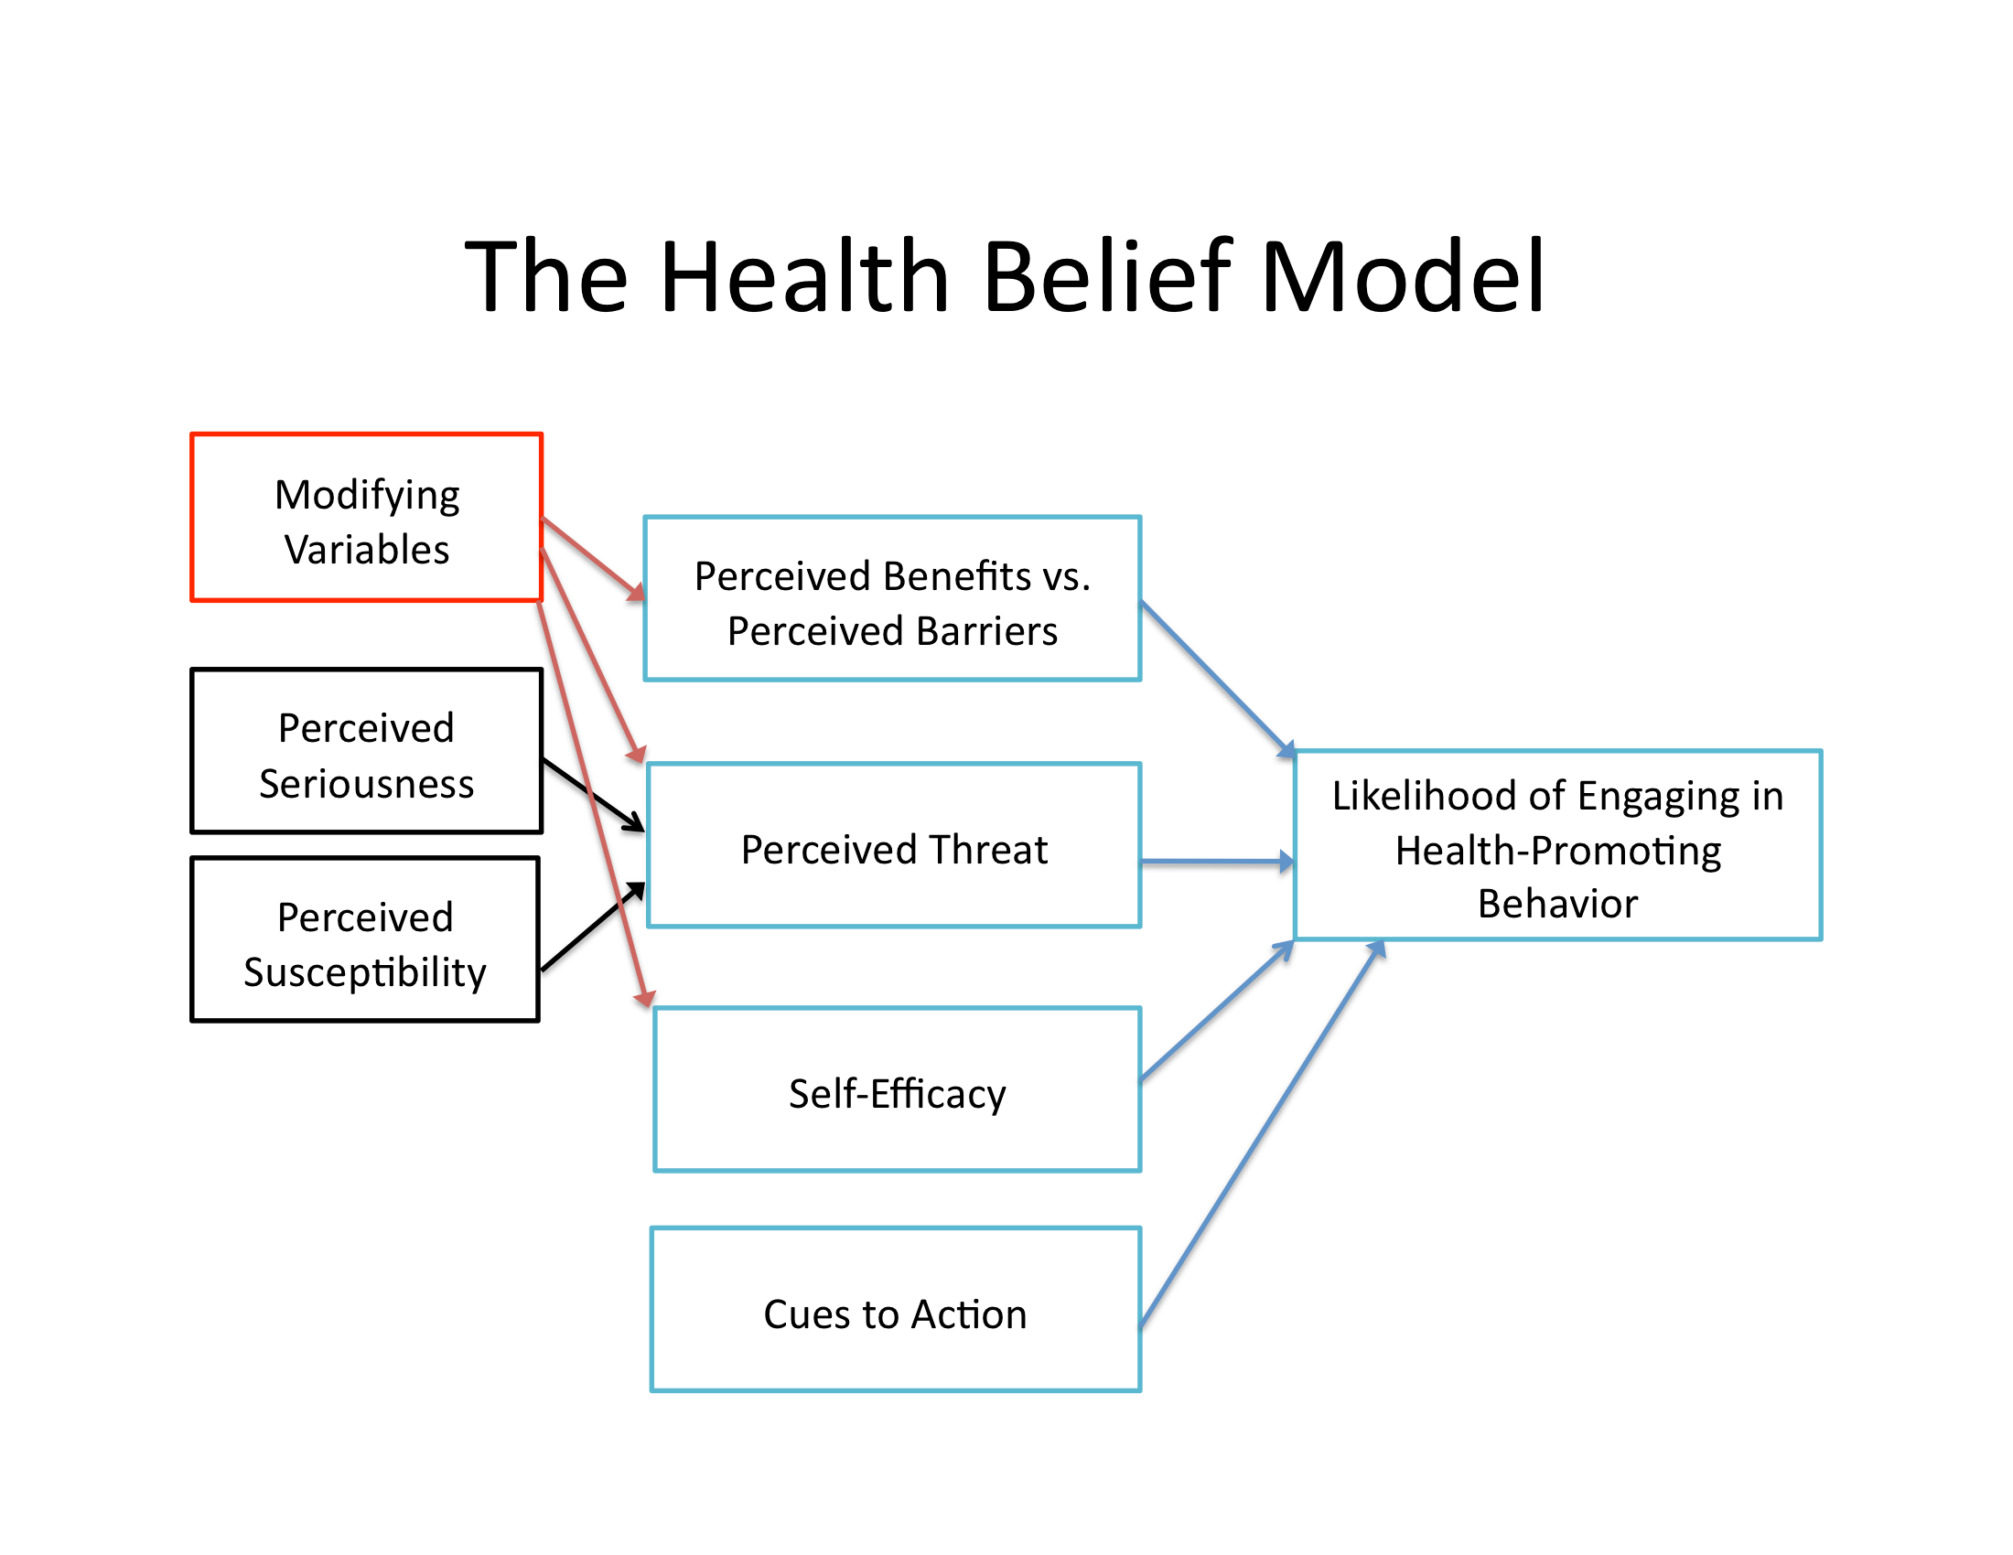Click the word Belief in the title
pos(1107,276)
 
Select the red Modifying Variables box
pos(366,517)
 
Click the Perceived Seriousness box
pos(366,751)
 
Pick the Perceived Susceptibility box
pos(365,939)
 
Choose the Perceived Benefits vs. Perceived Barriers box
pos(892,599)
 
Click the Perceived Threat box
pos(894,846)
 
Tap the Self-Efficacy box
pos(897,1089)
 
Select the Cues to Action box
pos(895,1309)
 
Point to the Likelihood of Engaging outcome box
pos(1557,846)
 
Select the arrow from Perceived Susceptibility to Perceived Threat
pos(593,927)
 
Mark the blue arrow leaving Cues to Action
pos(1263,1133)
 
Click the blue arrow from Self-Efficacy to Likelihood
pos(1217,1011)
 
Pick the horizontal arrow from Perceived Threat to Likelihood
pos(1217,863)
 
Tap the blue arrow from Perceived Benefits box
pos(1217,678)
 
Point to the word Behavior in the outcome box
pos(1557,904)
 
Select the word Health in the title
pos(804,276)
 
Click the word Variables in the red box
pos(367,550)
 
